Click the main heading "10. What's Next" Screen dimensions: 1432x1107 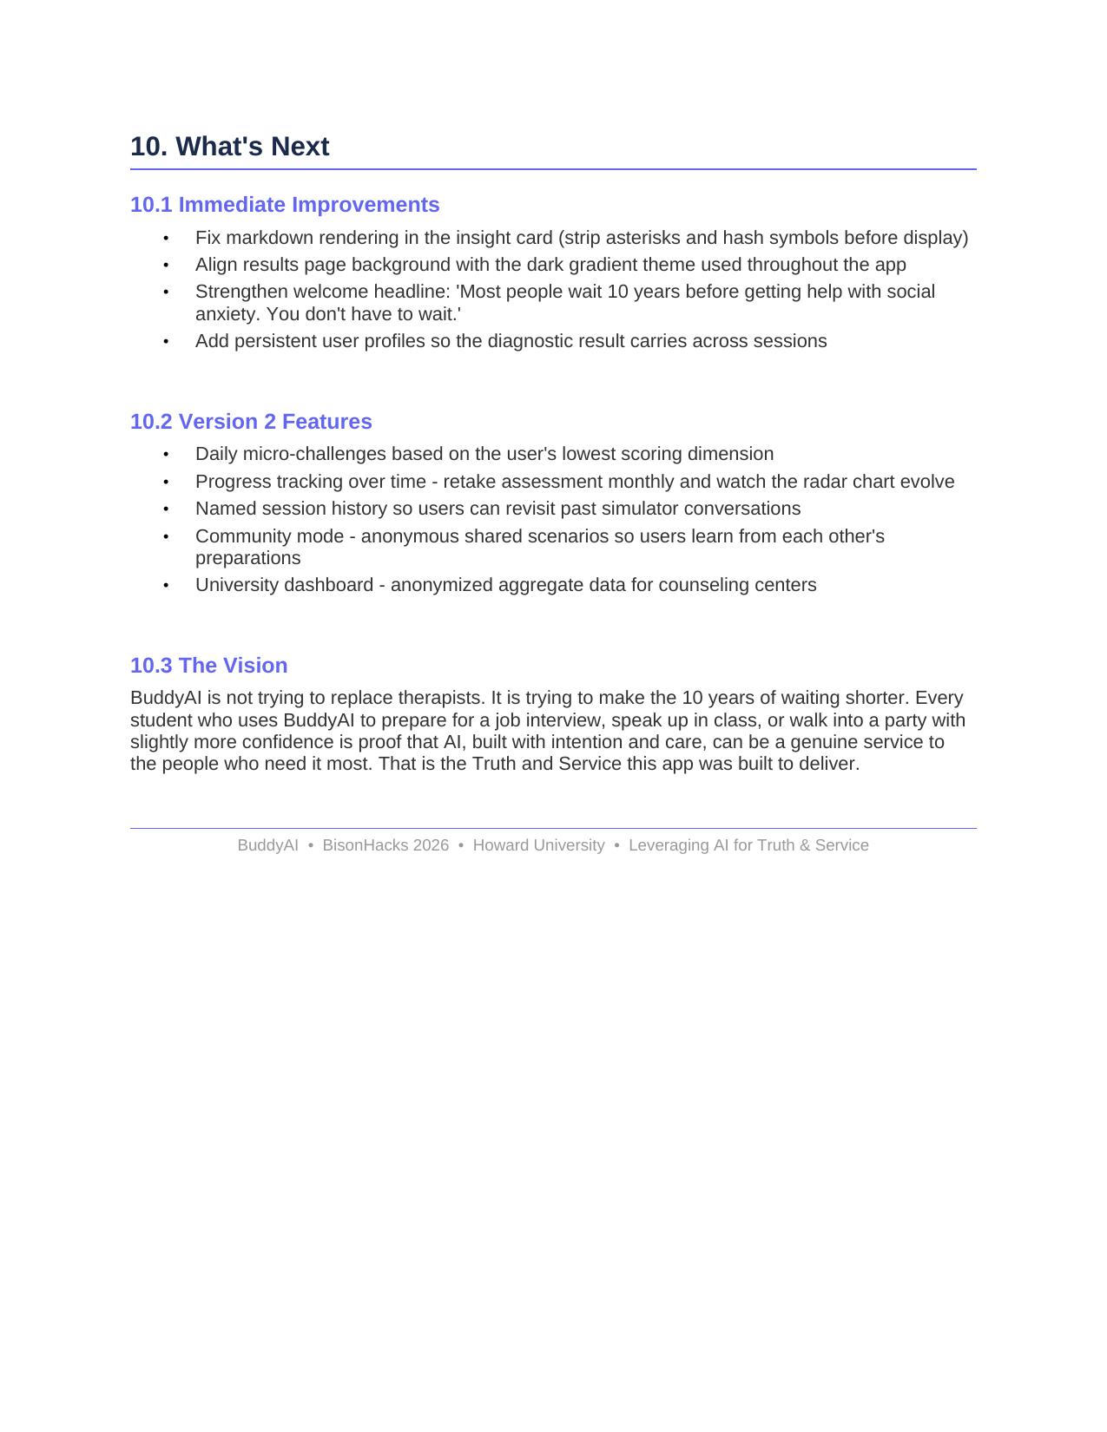pos(229,147)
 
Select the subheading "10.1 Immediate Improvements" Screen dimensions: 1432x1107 pos(285,205)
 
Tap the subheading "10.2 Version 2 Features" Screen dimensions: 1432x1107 pos(251,422)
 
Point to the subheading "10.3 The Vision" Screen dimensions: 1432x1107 pos(208,666)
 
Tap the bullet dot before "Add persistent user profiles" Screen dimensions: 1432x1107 pos(166,342)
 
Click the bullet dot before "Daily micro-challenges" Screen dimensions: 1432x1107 pos(166,455)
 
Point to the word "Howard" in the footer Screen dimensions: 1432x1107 pos(500,845)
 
